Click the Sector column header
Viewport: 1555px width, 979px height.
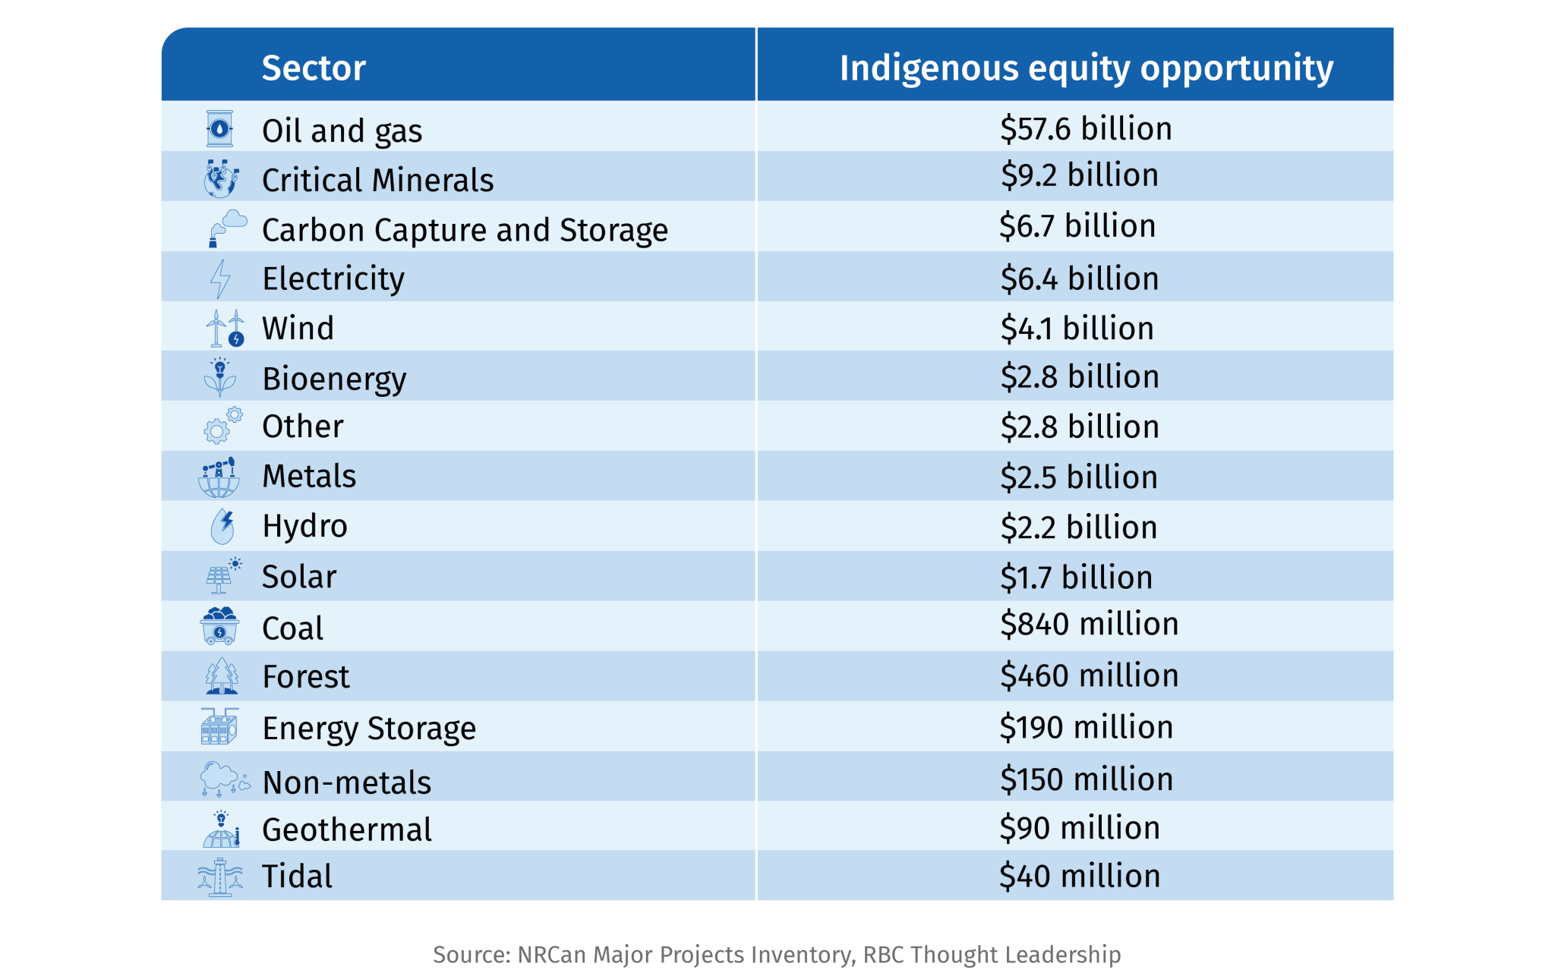coord(314,68)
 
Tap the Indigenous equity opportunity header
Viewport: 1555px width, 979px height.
coord(1086,68)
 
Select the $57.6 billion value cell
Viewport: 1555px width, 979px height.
coord(1086,129)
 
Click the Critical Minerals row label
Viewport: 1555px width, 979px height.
coord(377,181)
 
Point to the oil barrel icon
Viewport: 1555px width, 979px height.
coord(219,129)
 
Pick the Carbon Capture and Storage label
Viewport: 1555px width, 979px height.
coord(465,230)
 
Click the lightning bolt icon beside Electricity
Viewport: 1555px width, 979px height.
coord(220,279)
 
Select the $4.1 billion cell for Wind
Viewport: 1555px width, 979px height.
coord(1077,329)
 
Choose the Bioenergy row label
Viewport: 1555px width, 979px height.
coord(334,379)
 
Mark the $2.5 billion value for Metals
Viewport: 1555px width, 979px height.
coord(1079,477)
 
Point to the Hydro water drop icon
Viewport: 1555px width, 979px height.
coord(222,526)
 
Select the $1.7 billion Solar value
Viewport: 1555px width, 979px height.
coord(1076,578)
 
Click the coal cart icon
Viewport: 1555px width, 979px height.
coord(219,626)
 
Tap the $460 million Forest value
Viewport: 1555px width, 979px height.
coord(1089,675)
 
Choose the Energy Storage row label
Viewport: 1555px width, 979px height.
coord(369,729)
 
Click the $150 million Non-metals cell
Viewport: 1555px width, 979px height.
coord(1087,779)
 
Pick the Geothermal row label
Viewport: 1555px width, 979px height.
coord(346,829)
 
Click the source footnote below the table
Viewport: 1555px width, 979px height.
coord(777,954)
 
